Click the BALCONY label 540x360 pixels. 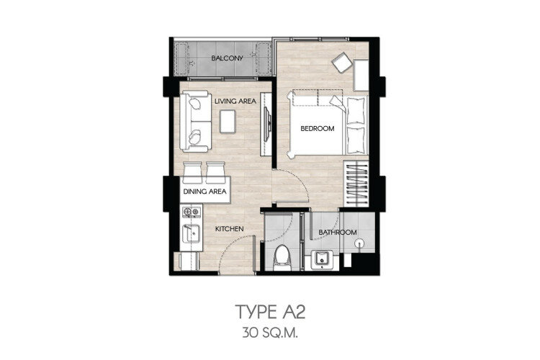pyautogui.click(x=227, y=58)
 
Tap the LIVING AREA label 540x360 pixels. pyautogui.click(x=235, y=102)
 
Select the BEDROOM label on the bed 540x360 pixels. pyautogui.click(x=318, y=128)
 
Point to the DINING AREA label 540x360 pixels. pyautogui.click(x=204, y=192)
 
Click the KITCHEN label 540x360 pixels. pyautogui.click(x=230, y=229)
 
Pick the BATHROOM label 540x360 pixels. pyautogui.click(x=337, y=233)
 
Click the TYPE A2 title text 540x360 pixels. pyautogui.click(x=270, y=312)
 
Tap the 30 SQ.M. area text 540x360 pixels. pyautogui.click(x=270, y=333)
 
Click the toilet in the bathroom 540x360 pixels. pyautogui.click(x=282, y=258)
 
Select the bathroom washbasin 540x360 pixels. pyautogui.click(x=321, y=259)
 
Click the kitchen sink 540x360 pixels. pyautogui.click(x=191, y=233)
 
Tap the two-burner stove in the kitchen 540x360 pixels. pyautogui.click(x=191, y=212)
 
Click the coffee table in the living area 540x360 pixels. pyautogui.click(x=228, y=121)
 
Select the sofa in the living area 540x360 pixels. pyautogui.click(x=195, y=121)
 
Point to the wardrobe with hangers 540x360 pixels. pyautogui.click(x=356, y=184)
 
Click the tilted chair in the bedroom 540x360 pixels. pyautogui.click(x=342, y=62)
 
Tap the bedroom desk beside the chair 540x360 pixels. pyautogui.click(x=361, y=75)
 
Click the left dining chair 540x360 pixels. pyautogui.click(x=192, y=171)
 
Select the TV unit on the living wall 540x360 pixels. pyautogui.click(x=266, y=123)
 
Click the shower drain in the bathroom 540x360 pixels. pyautogui.click(x=359, y=243)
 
